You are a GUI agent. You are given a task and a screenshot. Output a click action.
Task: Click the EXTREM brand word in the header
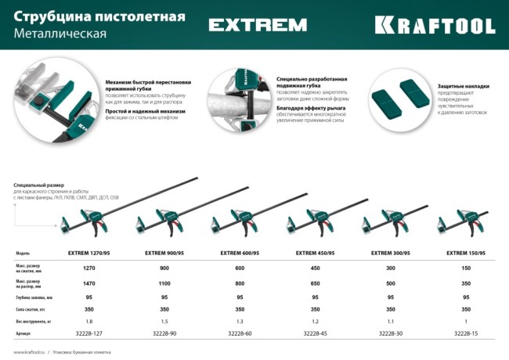(x=257, y=25)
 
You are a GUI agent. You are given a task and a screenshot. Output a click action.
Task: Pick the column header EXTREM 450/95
(x=316, y=253)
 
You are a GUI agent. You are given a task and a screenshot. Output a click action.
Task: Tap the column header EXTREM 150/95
(x=466, y=253)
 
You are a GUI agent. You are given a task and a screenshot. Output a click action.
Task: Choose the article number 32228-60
(x=240, y=333)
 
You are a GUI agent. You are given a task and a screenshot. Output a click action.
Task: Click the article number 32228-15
(x=466, y=333)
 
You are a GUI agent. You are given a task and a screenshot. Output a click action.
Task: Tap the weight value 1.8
(x=88, y=322)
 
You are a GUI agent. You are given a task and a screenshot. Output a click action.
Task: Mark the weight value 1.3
(x=240, y=322)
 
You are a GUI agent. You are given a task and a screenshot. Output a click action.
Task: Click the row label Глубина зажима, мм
(x=34, y=297)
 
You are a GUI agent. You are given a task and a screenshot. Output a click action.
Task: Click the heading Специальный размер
(x=38, y=185)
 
